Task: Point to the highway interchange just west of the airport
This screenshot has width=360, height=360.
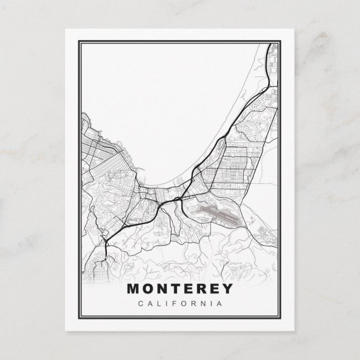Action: [x=178, y=198]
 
